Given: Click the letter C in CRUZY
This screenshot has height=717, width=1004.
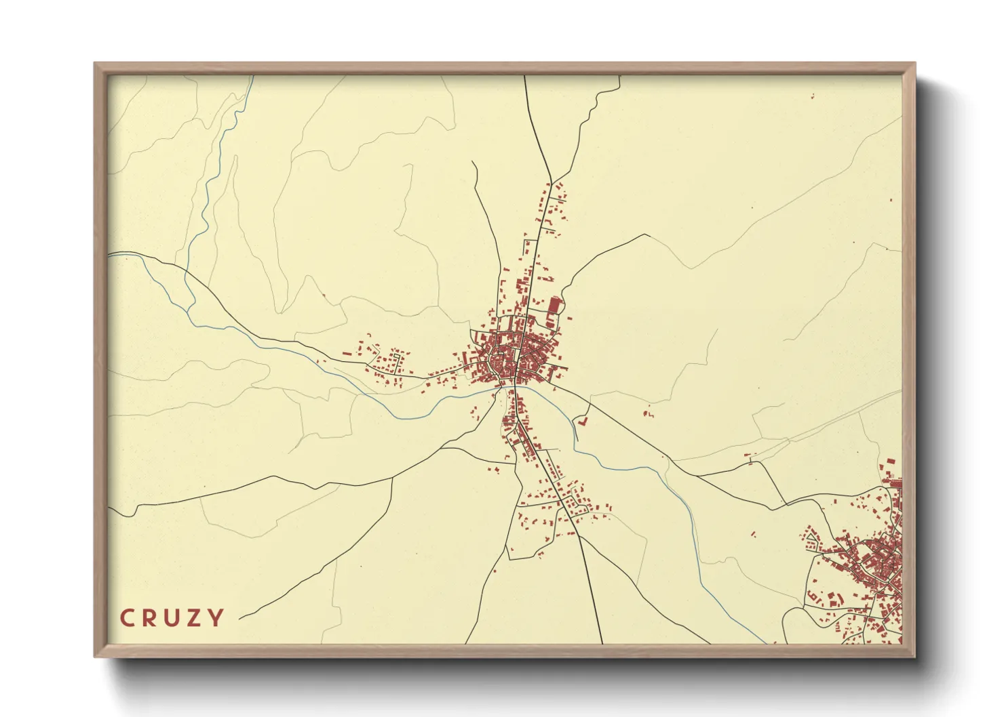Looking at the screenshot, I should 127,618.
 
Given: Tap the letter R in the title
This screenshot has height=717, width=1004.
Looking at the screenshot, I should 150,618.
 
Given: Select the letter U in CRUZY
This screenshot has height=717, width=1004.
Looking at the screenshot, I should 172,618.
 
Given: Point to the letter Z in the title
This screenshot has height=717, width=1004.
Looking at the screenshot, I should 195,618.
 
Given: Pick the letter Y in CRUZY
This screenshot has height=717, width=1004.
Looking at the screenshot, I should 216,618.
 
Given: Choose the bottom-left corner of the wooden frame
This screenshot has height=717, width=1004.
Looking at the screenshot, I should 96,656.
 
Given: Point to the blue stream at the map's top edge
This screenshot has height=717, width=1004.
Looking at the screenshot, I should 252,77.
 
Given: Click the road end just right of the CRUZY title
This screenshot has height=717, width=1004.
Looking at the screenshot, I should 240,618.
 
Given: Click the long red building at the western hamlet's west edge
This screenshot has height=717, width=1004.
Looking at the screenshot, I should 348,353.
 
